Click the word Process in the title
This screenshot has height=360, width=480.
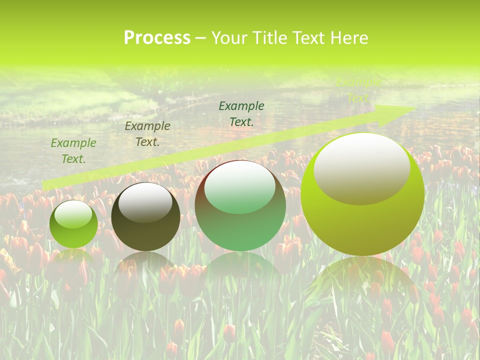[157, 38]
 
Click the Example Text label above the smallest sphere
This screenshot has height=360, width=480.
[73, 151]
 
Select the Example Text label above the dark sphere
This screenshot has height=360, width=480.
[147, 134]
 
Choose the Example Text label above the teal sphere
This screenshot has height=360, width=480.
[241, 114]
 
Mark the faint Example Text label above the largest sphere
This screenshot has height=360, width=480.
[358, 90]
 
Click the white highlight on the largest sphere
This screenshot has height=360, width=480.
[362, 167]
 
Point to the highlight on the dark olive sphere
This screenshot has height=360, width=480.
[145, 202]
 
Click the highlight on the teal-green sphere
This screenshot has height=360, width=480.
[240, 186]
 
